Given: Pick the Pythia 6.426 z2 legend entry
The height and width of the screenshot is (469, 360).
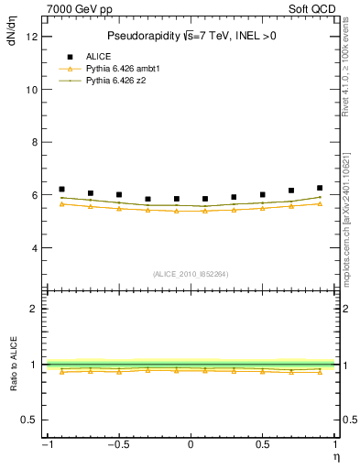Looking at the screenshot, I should tap(116, 81).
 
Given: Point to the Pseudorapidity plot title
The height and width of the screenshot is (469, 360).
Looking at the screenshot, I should tap(191, 36).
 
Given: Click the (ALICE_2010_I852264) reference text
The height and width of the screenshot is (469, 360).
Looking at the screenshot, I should tap(191, 274).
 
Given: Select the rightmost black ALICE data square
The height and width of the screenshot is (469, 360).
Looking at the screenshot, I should tap(320, 188).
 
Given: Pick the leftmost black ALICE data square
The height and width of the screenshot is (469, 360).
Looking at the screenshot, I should tap(61, 189).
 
